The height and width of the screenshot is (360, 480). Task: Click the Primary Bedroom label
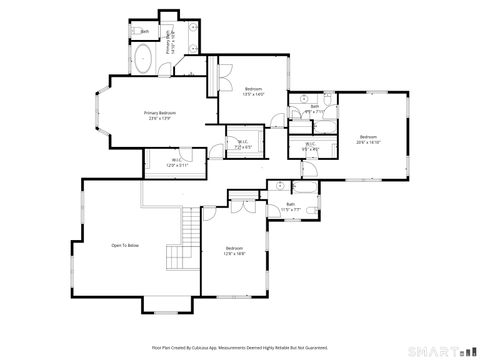(x=160, y=115)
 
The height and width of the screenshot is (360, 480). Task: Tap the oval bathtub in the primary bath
(x=143, y=61)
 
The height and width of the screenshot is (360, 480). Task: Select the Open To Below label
(x=125, y=245)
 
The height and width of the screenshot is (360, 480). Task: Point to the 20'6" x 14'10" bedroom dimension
(x=368, y=142)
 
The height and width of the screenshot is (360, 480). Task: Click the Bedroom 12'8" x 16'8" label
(x=234, y=251)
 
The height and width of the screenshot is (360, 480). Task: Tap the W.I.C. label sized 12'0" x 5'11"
(x=175, y=162)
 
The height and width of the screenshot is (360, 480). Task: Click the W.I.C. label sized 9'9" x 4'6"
(x=311, y=147)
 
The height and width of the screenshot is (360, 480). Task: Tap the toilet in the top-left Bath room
(x=134, y=32)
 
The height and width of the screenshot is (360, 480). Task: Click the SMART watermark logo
(x=441, y=352)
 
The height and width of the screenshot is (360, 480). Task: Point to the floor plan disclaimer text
(x=239, y=347)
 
